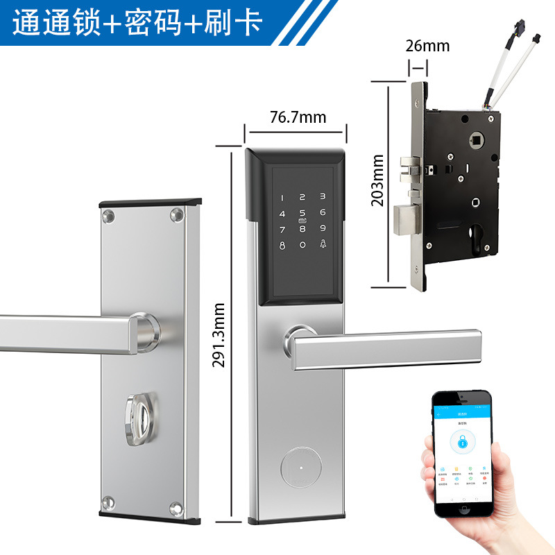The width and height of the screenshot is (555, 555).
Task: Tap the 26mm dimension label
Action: tap(427, 46)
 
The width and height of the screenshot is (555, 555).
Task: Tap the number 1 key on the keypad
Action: tap(282, 198)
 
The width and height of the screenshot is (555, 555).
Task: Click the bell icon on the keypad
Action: tap(323, 244)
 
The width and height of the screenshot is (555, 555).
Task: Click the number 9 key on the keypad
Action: tap(323, 229)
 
